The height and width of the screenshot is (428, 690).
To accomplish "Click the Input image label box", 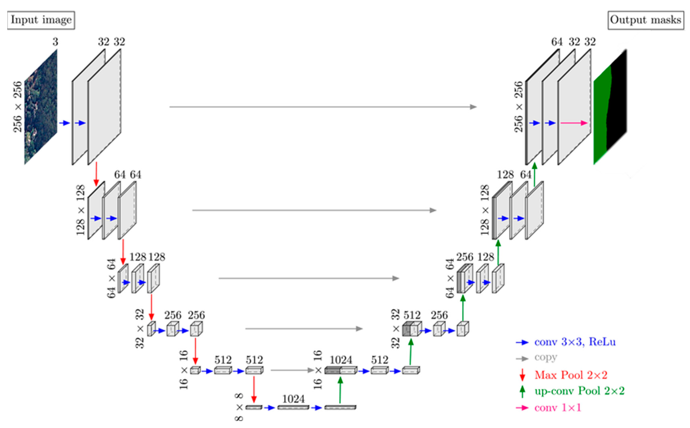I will click(41, 20).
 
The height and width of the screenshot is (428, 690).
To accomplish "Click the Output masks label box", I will click(646, 20).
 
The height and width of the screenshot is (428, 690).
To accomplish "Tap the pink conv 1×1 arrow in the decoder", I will click(574, 123).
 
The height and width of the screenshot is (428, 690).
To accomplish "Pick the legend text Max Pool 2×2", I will click(571, 375).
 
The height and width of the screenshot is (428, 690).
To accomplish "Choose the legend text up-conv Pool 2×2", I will click(579, 391).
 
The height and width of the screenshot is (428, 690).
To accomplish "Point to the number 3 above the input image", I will click(55, 42).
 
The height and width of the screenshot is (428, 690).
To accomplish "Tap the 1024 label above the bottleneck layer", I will click(293, 399).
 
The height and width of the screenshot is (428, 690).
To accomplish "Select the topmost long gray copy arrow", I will click(323, 107).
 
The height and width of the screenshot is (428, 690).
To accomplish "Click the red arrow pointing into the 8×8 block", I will click(254, 389).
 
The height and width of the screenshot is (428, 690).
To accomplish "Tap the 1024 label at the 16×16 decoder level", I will click(341, 360).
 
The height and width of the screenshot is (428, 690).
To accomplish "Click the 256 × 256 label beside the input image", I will click(18, 107).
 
